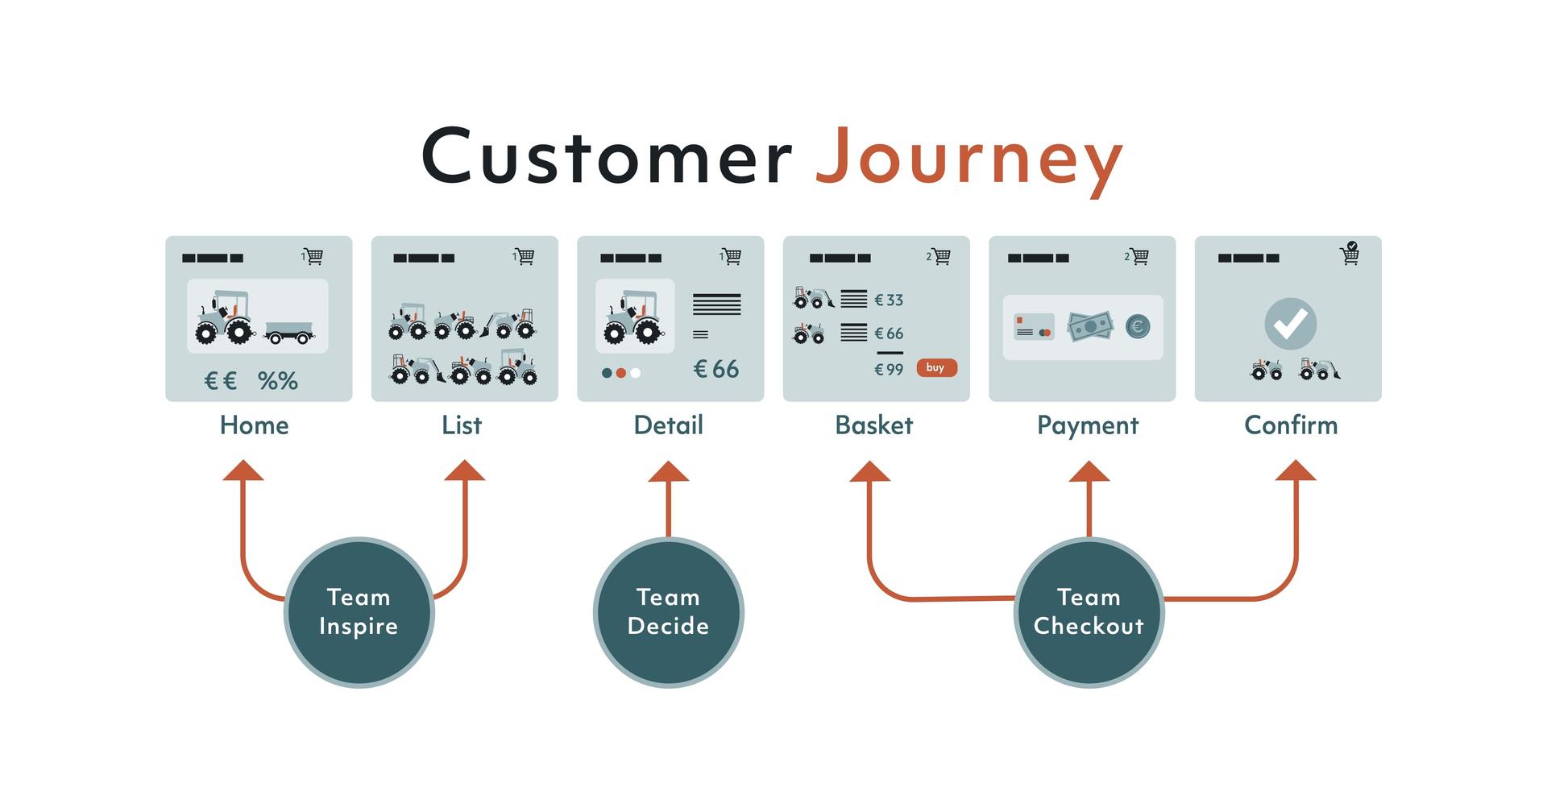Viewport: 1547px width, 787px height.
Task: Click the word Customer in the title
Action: point(607,155)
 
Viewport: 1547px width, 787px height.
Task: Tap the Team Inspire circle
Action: point(359,612)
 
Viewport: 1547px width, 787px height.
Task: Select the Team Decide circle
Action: point(668,612)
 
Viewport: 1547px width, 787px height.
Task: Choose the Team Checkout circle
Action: point(1089,612)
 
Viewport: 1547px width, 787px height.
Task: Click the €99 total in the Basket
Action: point(889,370)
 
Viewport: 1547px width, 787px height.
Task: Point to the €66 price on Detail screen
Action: point(716,369)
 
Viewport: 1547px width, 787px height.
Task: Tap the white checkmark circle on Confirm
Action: point(1290,324)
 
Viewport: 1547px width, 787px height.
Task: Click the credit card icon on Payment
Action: point(1034,327)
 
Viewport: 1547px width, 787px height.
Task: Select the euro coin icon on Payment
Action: point(1138,326)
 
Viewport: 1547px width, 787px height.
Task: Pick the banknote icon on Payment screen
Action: point(1089,326)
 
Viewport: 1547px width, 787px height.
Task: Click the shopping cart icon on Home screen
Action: point(313,256)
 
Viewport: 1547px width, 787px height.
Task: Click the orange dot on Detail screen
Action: point(620,373)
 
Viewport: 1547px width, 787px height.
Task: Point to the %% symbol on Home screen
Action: point(278,381)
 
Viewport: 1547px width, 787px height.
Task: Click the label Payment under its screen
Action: point(1087,425)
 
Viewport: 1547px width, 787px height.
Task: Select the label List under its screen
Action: point(462,425)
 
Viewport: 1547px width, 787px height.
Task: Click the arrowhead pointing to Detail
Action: point(668,472)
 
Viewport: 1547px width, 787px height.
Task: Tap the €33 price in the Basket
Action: point(889,300)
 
